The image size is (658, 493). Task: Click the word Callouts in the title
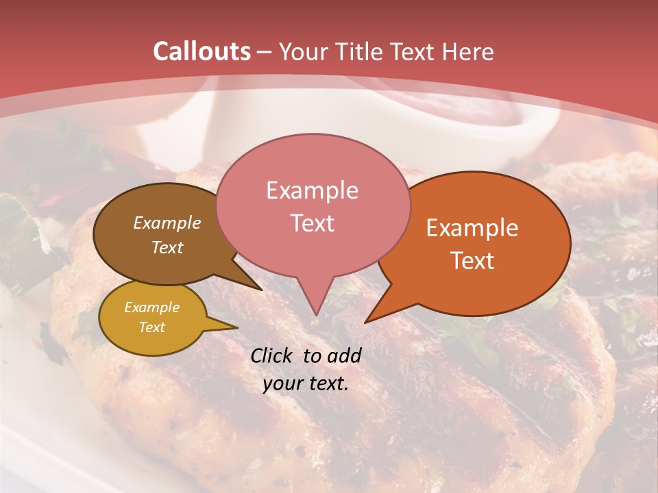pos(202,51)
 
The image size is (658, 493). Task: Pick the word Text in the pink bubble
pos(312,223)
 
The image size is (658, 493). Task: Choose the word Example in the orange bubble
pos(472,228)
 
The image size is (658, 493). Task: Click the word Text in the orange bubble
pos(472,260)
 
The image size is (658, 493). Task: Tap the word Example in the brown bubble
pos(167,223)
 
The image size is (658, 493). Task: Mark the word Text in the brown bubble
pos(167,247)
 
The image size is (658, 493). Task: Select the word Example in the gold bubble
pos(151,307)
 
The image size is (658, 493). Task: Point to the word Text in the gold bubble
pos(151,327)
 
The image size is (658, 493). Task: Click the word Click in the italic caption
pos(271,355)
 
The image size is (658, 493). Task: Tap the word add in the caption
pos(344,355)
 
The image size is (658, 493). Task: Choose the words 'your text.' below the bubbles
pos(306,384)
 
